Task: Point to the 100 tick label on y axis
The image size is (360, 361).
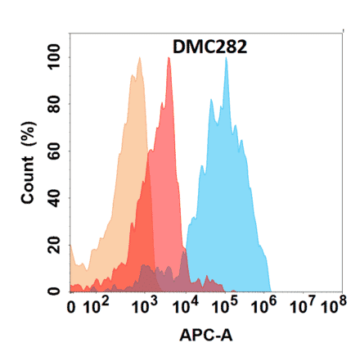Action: click(x=54, y=58)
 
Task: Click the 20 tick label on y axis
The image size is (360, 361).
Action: click(x=54, y=245)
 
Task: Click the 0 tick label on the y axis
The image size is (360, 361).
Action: click(x=54, y=291)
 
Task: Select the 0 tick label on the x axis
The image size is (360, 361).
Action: click(x=73, y=309)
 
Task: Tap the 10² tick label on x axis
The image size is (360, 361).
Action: click(x=100, y=309)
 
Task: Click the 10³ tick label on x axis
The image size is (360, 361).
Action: click(x=145, y=309)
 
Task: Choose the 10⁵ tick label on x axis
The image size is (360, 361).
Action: click(x=224, y=309)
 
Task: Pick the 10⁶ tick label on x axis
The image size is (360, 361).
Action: click(x=263, y=309)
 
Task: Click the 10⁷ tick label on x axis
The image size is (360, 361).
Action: click(x=304, y=309)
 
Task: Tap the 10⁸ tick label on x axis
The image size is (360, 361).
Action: click(x=331, y=309)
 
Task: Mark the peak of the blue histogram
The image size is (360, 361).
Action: click(x=226, y=59)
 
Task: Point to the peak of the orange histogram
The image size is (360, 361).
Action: click(x=139, y=59)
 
